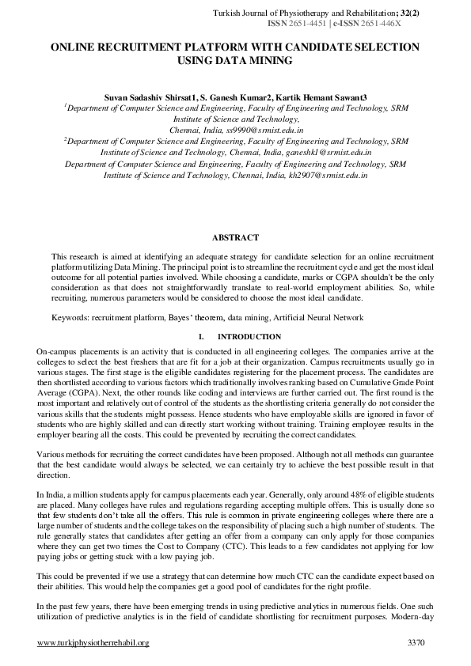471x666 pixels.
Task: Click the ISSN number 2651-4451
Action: [312, 24]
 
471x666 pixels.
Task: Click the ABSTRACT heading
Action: [235, 237]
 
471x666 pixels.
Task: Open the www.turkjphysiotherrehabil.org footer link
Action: [93, 643]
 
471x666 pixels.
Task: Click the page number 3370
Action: [416, 643]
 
